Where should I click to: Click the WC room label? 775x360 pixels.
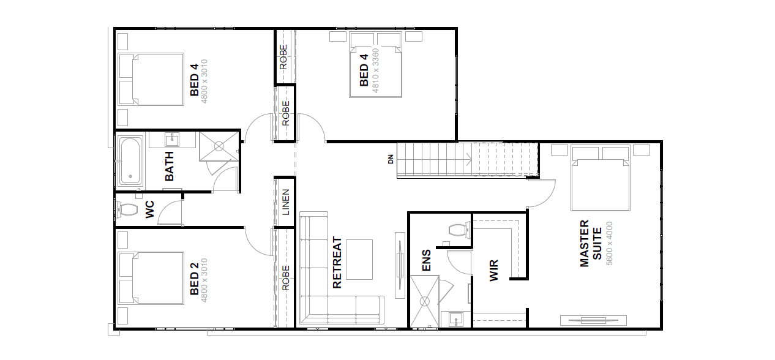tap(150, 209)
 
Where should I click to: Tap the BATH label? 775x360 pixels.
tap(169, 166)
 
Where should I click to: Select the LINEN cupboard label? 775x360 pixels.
tap(286, 202)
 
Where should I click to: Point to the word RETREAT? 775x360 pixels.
tap(337, 263)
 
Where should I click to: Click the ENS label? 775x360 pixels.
tap(427, 260)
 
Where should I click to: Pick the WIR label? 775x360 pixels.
tap(494, 271)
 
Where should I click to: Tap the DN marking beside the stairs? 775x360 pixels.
tap(391, 159)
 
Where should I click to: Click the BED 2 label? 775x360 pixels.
tap(195, 279)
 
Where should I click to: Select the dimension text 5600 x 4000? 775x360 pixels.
tap(609, 243)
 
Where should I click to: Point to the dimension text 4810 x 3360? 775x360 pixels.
tap(375, 70)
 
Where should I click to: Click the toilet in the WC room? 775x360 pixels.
tap(127, 209)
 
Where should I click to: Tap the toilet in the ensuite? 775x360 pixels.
tap(459, 230)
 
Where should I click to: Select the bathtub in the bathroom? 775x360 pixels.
tap(130, 161)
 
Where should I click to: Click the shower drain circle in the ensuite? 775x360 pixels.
tap(424, 301)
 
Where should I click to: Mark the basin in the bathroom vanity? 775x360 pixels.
tap(172, 140)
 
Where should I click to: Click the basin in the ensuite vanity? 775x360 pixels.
tap(456, 320)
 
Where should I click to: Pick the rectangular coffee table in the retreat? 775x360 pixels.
tap(359, 260)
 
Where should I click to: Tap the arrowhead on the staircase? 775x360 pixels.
tap(470, 160)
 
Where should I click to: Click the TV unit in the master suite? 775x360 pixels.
tap(593, 320)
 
